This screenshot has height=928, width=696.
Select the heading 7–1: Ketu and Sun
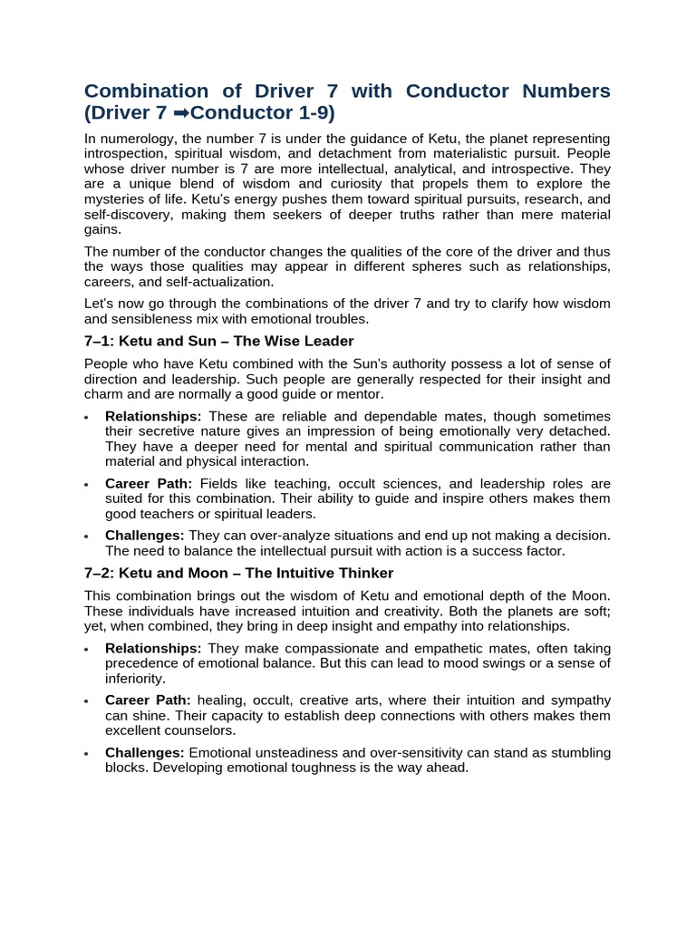(x=218, y=341)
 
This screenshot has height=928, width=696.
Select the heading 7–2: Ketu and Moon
(x=238, y=573)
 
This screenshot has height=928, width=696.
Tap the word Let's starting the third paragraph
(x=100, y=303)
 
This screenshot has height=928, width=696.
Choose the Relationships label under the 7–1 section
(x=153, y=416)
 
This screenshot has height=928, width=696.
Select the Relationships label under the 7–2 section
(x=153, y=648)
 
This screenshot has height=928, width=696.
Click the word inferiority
(x=135, y=678)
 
